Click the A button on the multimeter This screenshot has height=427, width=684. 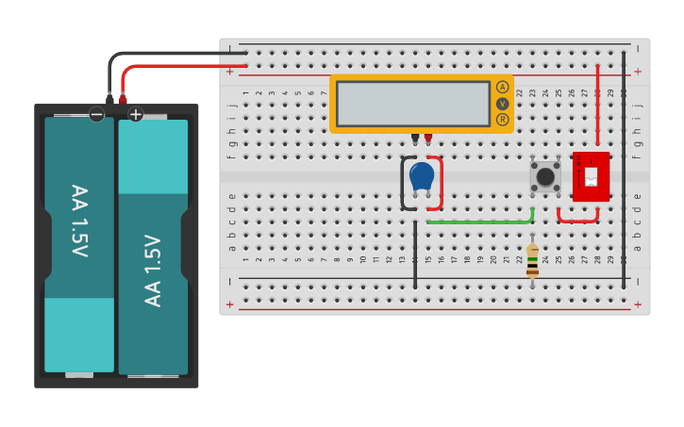[502, 87]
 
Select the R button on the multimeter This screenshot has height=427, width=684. [502, 120]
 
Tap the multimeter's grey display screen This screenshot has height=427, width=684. [413, 104]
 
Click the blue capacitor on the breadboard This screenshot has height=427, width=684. [422, 175]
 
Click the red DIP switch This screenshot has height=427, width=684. [591, 175]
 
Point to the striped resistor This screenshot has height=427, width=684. [532, 261]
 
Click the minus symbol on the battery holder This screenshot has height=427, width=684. [96, 114]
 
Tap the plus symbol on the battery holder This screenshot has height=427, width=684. [135, 114]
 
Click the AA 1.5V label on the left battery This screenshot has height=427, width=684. [79, 222]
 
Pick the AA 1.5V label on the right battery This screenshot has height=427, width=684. [153, 270]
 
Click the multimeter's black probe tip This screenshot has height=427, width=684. [415, 139]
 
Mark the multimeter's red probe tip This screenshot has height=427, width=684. [428, 139]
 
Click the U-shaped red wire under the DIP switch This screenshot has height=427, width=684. [577, 219]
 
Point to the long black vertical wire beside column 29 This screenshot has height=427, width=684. [623, 170]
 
